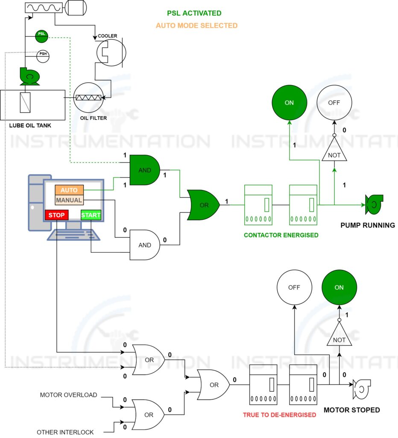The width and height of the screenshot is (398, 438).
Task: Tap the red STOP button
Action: click(x=56, y=215)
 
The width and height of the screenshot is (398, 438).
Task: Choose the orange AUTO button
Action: click(x=69, y=190)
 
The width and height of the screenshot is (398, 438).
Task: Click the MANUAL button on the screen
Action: click(x=69, y=200)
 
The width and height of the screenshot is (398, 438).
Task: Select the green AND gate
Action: click(x=145, y=170)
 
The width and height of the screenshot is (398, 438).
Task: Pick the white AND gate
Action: click(x=145, y=245)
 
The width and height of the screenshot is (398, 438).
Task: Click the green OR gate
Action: click(x=204, y=205)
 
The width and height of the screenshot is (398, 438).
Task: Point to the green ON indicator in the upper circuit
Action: click(x=289, y=103)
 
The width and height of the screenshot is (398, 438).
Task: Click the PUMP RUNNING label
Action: click(x=367, y=225)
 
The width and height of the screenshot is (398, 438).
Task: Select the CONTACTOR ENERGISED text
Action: click(x=281, y=235)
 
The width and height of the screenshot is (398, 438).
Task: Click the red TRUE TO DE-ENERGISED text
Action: click(x=279, y=414)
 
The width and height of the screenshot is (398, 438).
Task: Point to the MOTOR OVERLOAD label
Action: click(x=68, y=395)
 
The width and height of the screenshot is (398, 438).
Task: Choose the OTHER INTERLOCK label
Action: click(x=65, y=432)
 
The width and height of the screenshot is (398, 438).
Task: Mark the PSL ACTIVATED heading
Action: click(x=194, y=14)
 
